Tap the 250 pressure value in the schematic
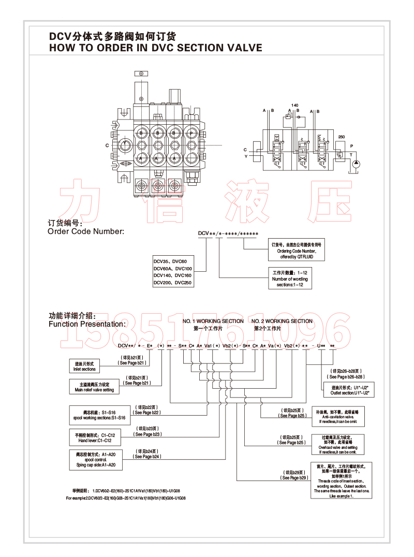pos(341,137)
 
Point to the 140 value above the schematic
pos(295,105)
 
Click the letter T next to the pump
pos(352,154)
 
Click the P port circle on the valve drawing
pos(191,133)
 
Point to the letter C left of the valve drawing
pos(107,145)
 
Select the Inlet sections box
pos(84,367)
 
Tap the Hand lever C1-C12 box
pos(95,438)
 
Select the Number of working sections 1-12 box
pos(289,278)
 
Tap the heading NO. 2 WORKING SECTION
pos(282,321)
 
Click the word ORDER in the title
pos(107,48)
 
